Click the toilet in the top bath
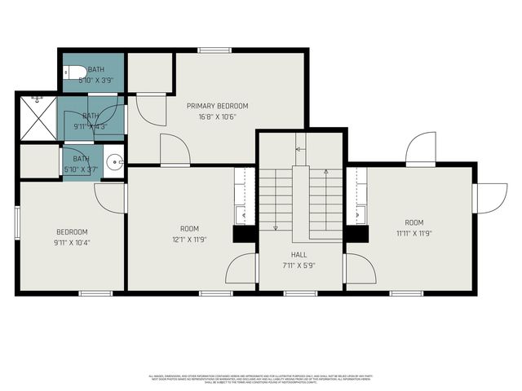(73, 72)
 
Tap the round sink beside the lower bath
(115, 160)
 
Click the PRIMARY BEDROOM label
(217, 106)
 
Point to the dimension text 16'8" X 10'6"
(217, 116)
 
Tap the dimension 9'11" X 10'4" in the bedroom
(72, 242)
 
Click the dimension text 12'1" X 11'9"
(189, 239)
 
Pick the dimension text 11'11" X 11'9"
(414, 233)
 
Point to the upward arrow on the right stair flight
(325, 173)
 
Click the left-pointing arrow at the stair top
(299, 149)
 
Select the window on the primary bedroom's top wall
(215, 51)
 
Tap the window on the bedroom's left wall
(17, 222)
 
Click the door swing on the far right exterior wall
(489, 198)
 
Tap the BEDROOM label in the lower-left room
(72, 232)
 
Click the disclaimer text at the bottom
(261, 379)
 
